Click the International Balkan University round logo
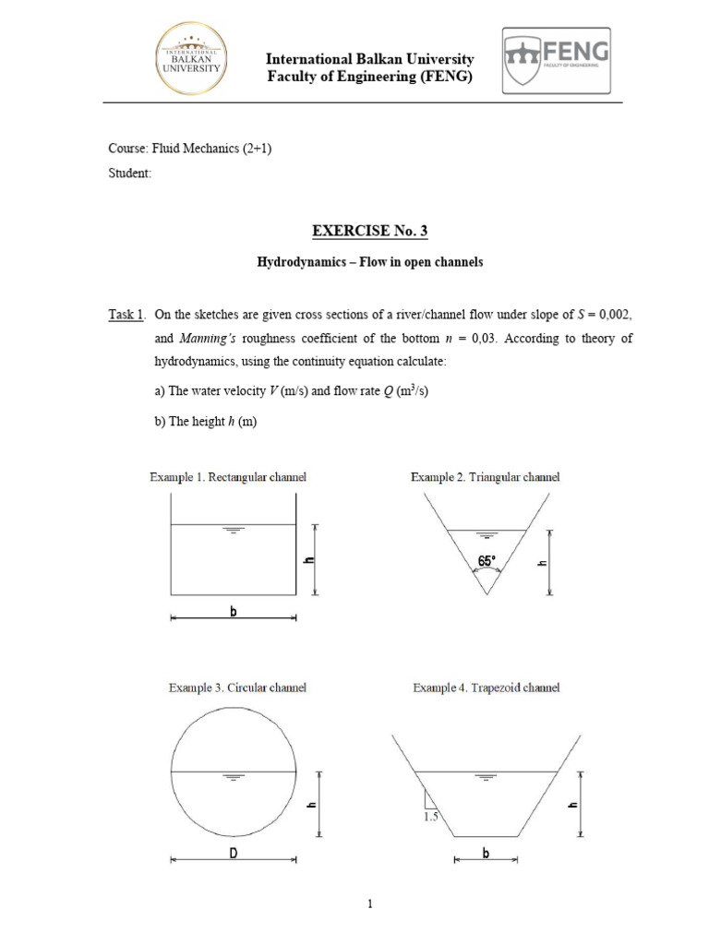[192, 60]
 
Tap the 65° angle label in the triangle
[487, 560]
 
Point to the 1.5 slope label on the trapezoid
[431, 817]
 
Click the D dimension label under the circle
[234, 854]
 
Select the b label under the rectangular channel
[234, 612]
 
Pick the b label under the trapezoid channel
[486, 854]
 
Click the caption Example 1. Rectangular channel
[228, 477]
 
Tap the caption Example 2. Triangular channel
[485, 477]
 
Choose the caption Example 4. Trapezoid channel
[486, 688]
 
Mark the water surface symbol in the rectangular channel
[234, 531]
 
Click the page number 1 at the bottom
[369, 904]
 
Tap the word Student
[129, 173]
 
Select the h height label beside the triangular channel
[543, 562]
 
